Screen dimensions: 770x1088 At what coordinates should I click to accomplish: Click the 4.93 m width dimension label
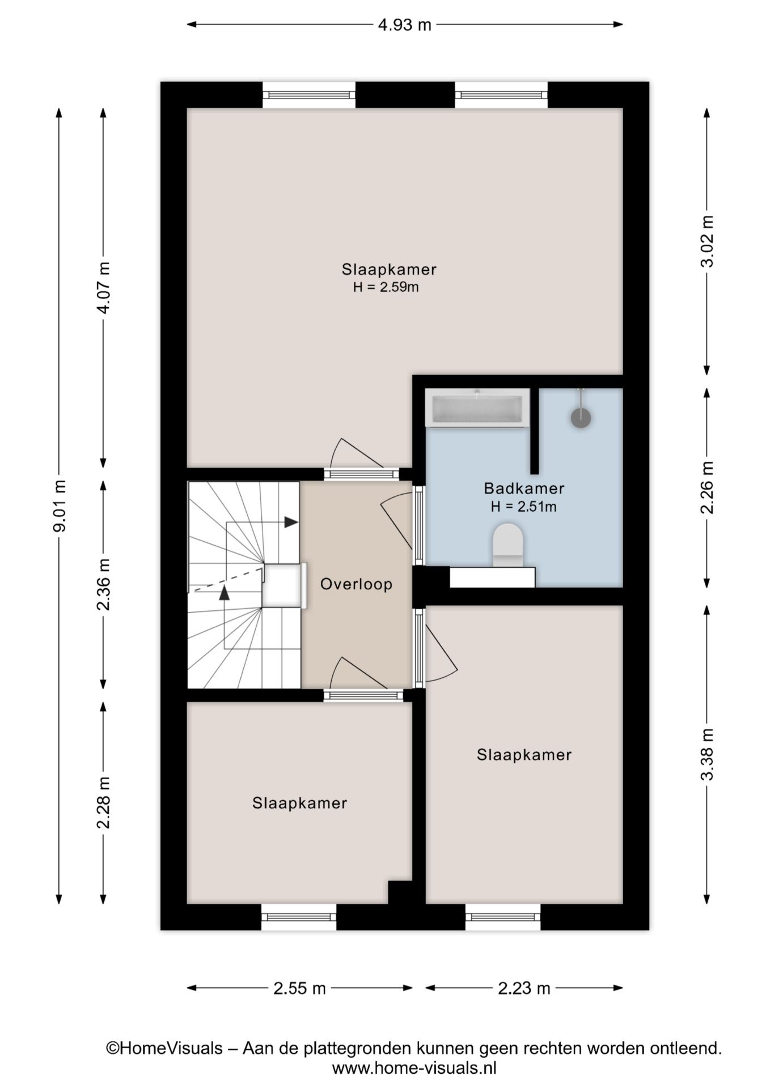[404, 25]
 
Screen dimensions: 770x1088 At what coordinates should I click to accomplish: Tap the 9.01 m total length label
[60, 505]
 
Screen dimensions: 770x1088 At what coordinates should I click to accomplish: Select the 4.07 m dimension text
[104, 288]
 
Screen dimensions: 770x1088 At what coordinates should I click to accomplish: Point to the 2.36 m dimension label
[104, 584]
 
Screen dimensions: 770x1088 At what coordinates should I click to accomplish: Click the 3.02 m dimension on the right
[707, 241]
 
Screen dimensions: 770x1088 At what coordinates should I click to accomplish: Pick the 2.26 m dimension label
[707, 487]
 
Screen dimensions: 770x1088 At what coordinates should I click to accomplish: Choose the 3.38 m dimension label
[707, 754]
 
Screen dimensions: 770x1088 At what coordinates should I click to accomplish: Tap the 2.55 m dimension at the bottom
[299, 988]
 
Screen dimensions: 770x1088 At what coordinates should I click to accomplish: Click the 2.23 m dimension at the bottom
[524, 988]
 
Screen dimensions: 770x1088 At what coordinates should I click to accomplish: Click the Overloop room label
[356, 584]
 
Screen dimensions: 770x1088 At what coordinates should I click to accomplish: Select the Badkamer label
[524, 488]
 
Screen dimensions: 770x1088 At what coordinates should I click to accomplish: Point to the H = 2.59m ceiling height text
[386, 287]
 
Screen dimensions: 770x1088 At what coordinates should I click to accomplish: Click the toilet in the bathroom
[507, 545]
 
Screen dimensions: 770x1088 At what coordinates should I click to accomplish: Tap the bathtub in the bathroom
[477, 408]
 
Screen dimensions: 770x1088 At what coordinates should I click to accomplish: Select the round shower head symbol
[581, 418]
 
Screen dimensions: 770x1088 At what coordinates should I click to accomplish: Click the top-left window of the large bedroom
[309, 95]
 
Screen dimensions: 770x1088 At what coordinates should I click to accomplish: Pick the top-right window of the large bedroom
[501, 95]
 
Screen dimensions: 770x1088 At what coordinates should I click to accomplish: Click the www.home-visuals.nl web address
[414, 1068]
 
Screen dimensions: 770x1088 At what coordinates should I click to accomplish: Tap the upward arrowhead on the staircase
[225, 593]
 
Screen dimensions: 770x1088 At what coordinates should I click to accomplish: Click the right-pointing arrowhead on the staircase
[291, 522]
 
